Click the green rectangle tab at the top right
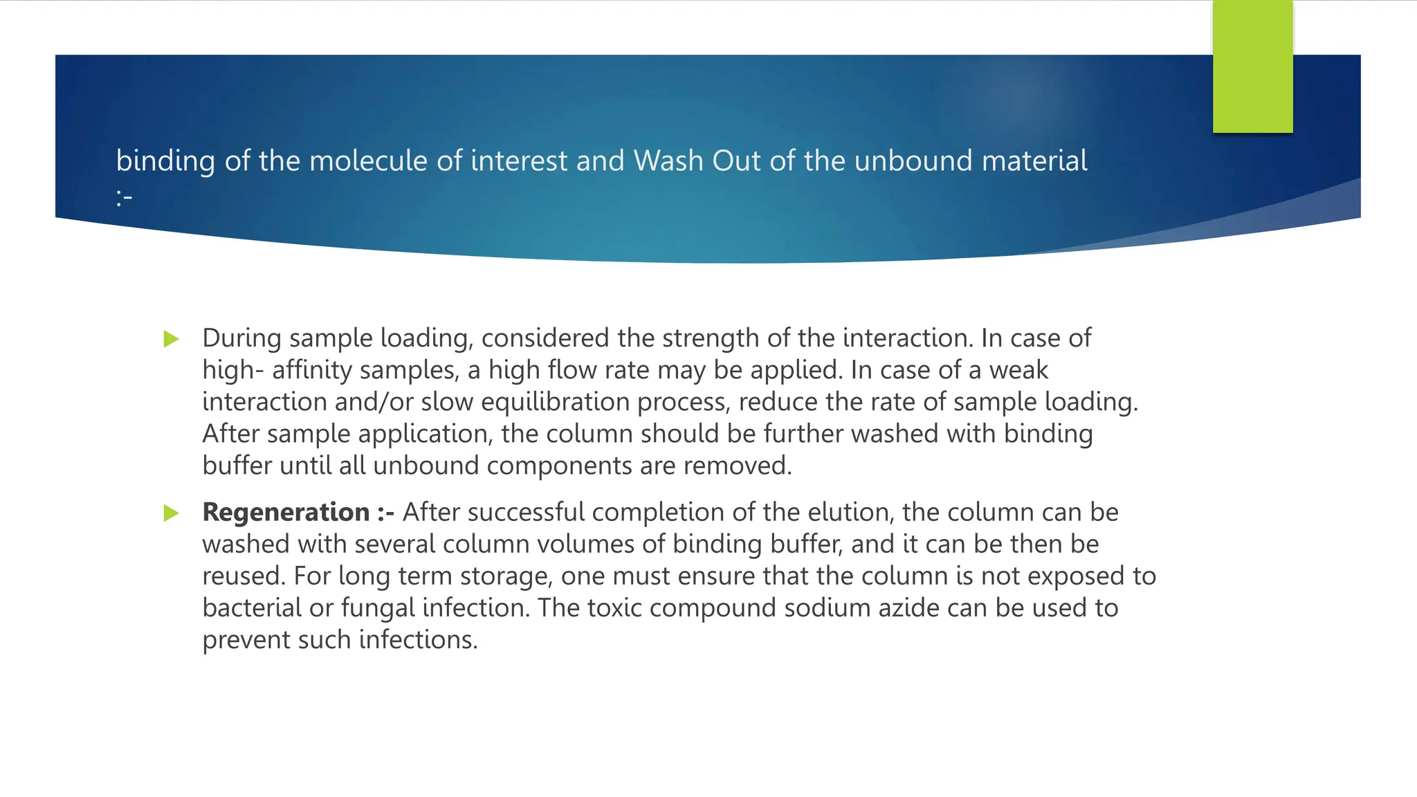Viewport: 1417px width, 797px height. (x=1252, y=66)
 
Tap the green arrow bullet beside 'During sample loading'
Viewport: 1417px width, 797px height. (x=171, y=339)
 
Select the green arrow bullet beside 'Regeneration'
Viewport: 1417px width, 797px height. (x=171, y=513)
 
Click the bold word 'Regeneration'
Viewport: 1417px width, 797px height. (x=286, y=513)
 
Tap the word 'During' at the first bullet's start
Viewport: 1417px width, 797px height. (x=242, y=338)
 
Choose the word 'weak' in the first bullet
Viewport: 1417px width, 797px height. (x=1018, y=370)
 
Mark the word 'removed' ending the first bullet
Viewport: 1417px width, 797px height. (x=735, y=466)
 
